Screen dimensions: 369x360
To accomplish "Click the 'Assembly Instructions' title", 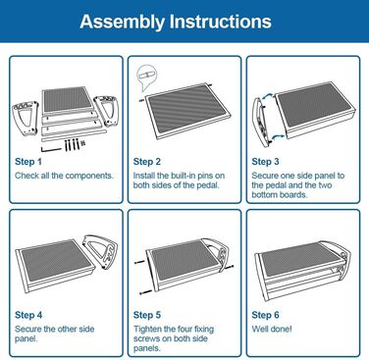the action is (x=176, y=22).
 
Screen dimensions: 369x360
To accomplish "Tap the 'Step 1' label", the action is (x=28, y=162).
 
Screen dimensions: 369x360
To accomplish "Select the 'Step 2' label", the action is (x=147, y=162).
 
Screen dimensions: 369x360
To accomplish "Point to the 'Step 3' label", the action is (x=265, y=162).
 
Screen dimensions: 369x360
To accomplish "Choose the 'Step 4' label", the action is (x=28, y=315).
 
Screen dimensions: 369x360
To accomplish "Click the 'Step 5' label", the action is (x=147, y=315).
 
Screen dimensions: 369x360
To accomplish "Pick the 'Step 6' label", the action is (x=265, y=315).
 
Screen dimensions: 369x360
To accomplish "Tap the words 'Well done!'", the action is (x=272, y=329).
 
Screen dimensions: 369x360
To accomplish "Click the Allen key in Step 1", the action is (x=50, y=149).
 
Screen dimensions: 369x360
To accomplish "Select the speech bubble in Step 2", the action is (x=146, y=77).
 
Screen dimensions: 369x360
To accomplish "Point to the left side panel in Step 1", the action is (x=26, y=119).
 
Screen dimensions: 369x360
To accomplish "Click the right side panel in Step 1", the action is (x=106, y=111).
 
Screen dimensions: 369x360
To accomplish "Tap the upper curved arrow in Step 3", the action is (x=268, y=96).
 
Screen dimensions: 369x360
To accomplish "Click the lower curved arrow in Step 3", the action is (x=277, y=136).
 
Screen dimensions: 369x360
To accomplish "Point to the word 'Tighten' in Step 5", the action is (x=147, y=329).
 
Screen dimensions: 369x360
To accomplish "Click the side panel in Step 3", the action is (x=263, y=121).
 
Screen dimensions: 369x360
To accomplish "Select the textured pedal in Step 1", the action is (x=68, y=100).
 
